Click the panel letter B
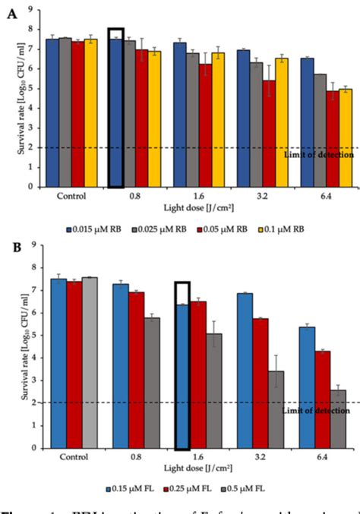tap(11, 247)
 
